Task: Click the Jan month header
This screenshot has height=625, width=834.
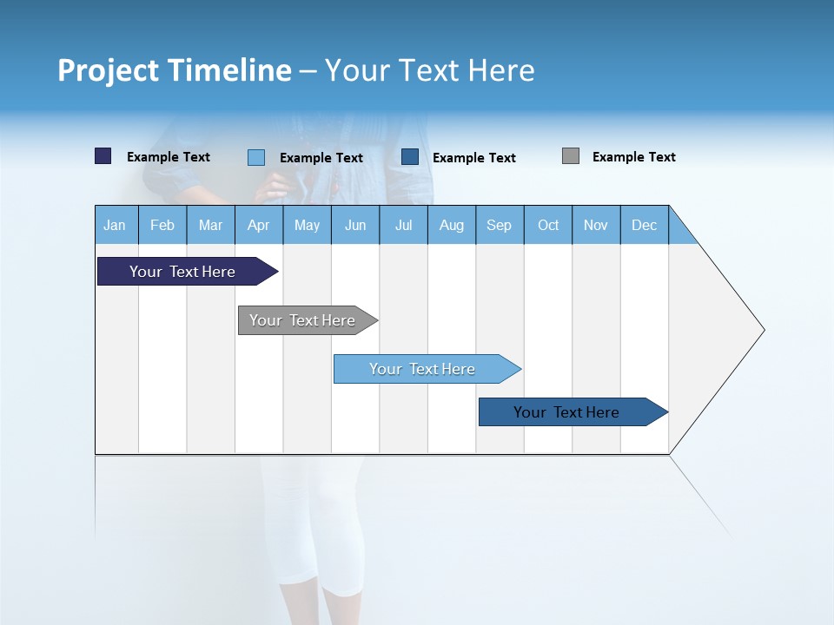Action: pos(116,225)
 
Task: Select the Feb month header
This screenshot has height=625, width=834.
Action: pos(162,225)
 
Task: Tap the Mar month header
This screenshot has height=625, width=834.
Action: pos(210,225)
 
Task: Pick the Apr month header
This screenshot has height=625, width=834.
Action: pos(259,225)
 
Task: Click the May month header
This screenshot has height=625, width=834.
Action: pos(307,225)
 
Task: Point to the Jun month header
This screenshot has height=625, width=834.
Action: pos(355,225)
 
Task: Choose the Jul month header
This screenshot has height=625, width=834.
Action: pos(403,225)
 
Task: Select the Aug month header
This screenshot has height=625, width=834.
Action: pos(452,225)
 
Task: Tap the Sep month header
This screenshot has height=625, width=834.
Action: pos(500,225)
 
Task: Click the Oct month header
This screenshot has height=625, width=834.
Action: pos(548,225)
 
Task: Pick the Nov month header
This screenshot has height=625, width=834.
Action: pos(596,225)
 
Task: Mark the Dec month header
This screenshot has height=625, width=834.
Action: pos(645,225)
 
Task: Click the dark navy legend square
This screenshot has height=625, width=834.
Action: pos(103,156)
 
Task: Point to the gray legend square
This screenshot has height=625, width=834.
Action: pos(570,156)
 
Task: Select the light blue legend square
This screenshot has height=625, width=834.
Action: pos(255,157)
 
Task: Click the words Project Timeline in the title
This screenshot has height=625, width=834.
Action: pos(174,70)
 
